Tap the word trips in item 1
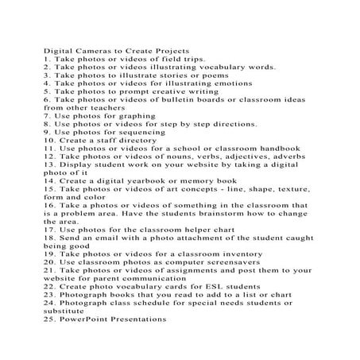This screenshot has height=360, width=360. click(x=190, y=59)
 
